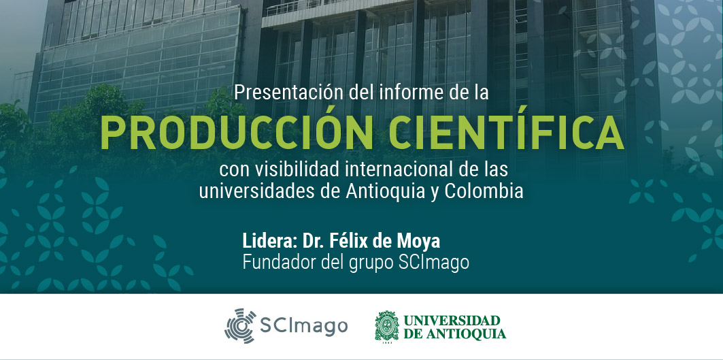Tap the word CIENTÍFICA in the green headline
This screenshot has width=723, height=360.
click(506, 133)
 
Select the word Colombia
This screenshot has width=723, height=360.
click(484, 191)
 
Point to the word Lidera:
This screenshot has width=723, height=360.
click(270, 241)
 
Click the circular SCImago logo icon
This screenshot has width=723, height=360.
click(240, 326)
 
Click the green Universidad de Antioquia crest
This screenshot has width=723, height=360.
click(387, 326)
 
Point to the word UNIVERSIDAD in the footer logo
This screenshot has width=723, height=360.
click(452, 321)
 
